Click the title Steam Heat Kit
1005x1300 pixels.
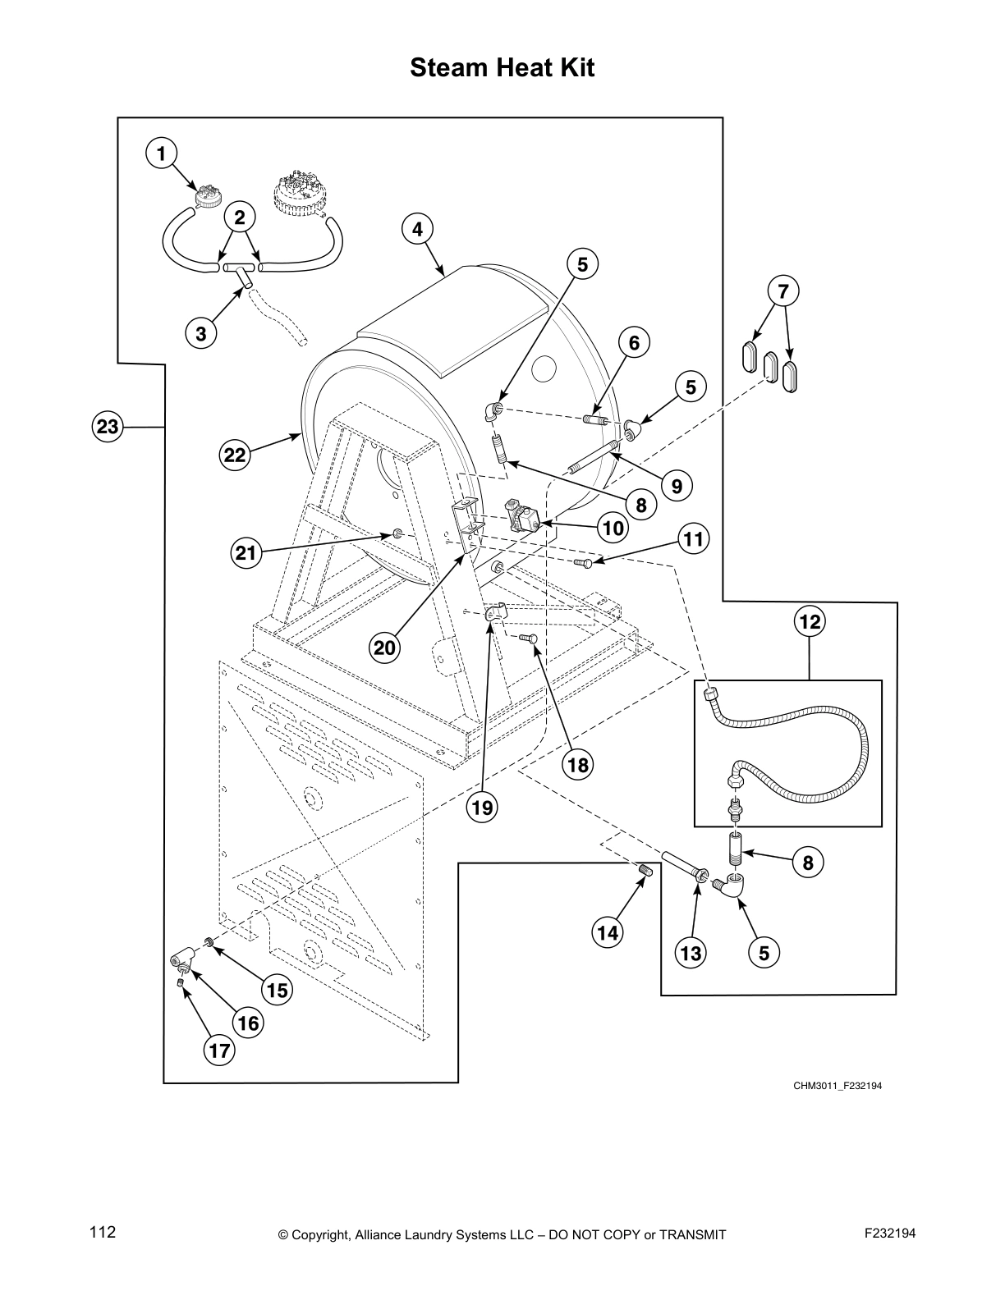[502, 66]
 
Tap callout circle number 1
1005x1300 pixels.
[161, 153]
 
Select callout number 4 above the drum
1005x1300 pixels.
[417, 229]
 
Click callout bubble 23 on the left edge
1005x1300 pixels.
[107, 427]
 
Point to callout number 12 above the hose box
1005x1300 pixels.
[810, 622]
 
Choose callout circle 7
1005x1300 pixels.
[782, 291]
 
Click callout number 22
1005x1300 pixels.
[235, 455]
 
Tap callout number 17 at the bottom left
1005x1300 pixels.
[219, 1050]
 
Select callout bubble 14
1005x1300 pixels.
[608, 932]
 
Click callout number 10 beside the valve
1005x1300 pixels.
[613, 528]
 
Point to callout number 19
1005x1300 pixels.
[482, 808]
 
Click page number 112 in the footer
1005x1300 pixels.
[103, 1233]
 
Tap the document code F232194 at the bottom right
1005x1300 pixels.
[889, 1234]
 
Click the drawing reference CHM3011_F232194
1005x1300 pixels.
[837, 1086]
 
